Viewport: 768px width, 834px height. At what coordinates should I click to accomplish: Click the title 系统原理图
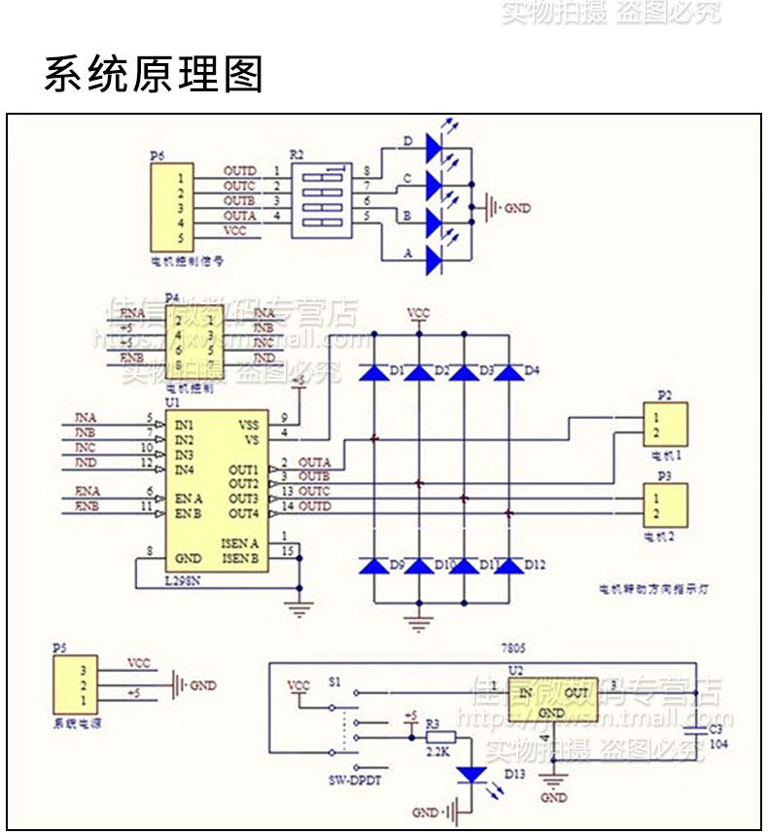tap(154, 75)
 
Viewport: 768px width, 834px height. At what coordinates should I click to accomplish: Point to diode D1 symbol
tap(374, 371)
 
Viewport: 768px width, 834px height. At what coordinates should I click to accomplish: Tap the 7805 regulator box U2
tap(552, 703)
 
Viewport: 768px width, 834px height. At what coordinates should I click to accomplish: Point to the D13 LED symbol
tap(471, 775)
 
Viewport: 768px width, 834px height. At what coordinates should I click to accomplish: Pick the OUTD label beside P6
tap(239, 171)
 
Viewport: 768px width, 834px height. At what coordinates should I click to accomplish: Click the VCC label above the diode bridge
tap(418, 314)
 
